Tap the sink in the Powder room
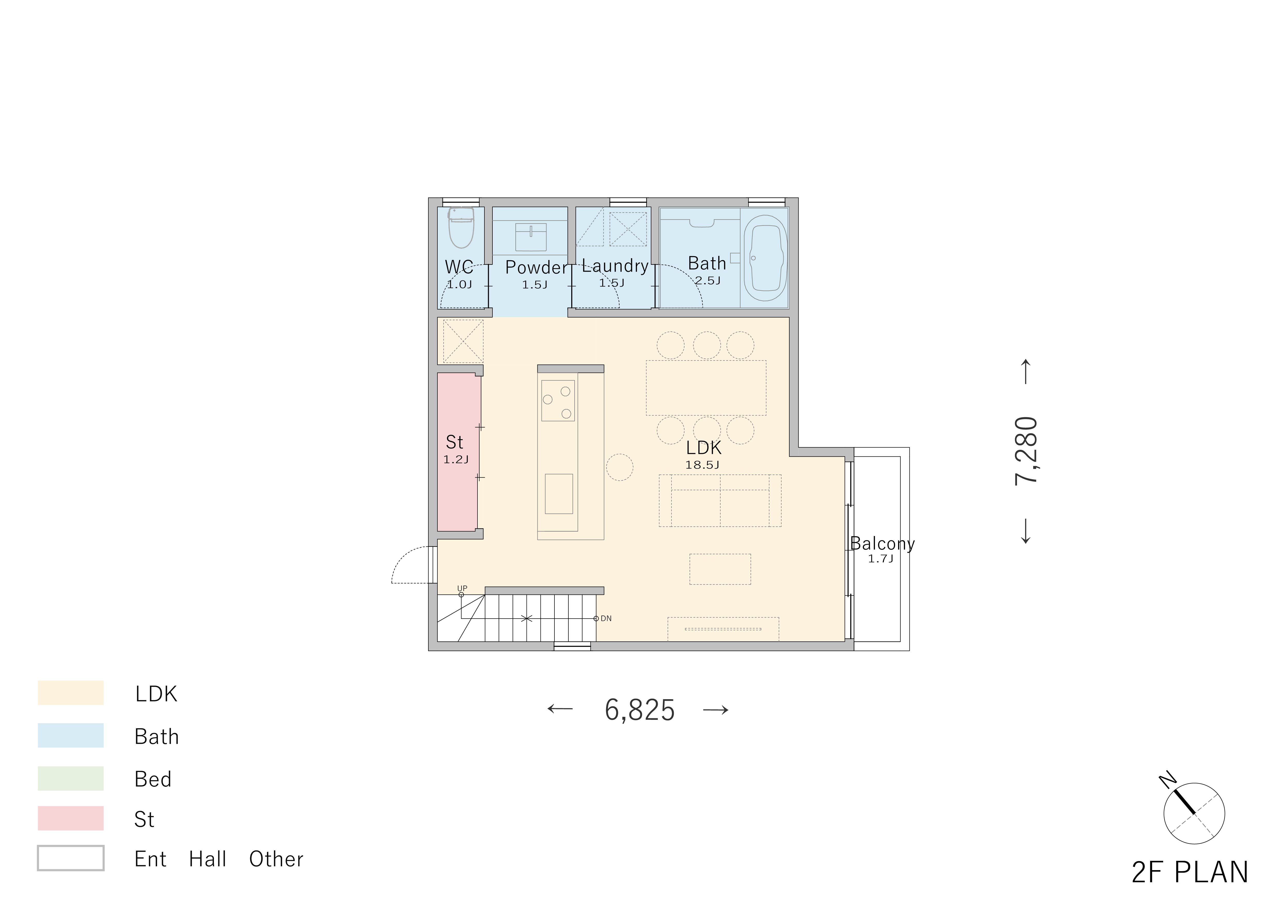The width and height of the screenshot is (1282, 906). click(x=530, y=237)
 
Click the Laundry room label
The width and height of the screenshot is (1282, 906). click(x=615, y=266)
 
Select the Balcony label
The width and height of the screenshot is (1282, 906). click(x=882, y=544)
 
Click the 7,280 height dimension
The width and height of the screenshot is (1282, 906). click(x=1026, y=451)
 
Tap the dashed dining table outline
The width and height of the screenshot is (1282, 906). click(x=706, y=388)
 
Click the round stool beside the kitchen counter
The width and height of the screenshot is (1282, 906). click(x=619, y=468)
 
